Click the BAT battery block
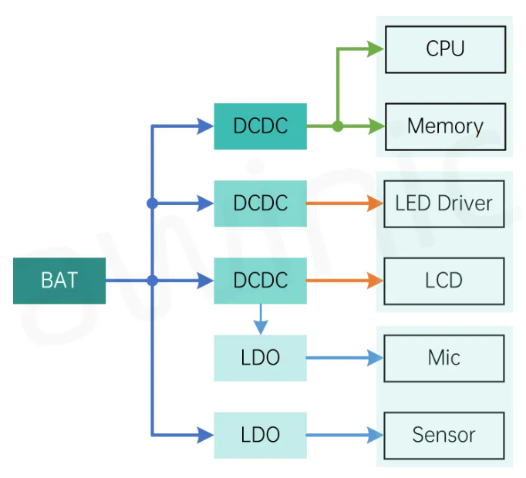click(x=59, y=281)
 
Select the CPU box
click(x=445, y=49)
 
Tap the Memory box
click(x=445, y=126)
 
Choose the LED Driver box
click(x=443, y=204)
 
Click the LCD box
click(x=443, y=281)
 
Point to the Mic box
click(x=443, y=358)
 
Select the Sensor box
click(x=443, y=435)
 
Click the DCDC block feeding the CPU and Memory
click(x=260, y=126)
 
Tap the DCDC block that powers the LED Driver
click(x=260, y=204)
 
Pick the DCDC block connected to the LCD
click(x=260, y=281)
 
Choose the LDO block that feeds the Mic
click(x=260, y=358)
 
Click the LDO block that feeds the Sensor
click(x=260, y=435)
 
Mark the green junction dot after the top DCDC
click(x=338, y=126)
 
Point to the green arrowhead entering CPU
click(x=376, y=49)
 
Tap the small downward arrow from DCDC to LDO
click(x=261, y=319)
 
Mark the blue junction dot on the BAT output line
click(x=153, y=281)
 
